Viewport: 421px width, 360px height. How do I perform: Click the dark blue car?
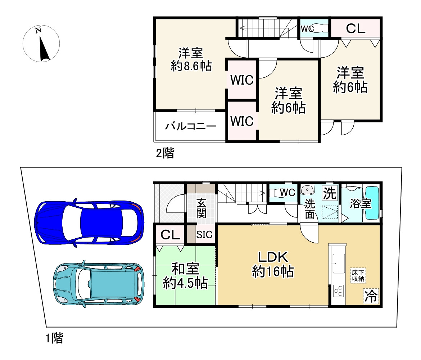tap(89, 223)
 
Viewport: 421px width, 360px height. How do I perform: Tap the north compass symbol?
tap(41, 44)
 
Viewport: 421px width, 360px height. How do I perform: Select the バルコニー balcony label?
tap(191, 126)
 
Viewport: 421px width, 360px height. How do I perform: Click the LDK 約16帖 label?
tap(273, 264)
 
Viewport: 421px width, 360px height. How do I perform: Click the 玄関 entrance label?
tap(202, 208)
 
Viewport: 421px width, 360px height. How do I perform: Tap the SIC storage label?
tap(204, 234)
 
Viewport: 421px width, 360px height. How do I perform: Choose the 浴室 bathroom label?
tap(361, 204)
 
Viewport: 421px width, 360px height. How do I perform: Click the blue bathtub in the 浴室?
tap(372, 203)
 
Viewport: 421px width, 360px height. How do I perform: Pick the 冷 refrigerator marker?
tap(371, 296)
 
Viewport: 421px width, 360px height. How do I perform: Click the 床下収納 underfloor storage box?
tap(358, 275)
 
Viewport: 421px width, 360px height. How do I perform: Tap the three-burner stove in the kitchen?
tap(338, 291)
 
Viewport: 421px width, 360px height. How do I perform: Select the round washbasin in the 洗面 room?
tap(307, 190)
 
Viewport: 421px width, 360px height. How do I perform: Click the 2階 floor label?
tap(165, 153)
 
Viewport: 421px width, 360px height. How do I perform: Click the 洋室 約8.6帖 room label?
tap(191, 59)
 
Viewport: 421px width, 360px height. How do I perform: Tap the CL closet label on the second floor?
tap(356, 28)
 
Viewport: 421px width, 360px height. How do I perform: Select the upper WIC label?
tap(242, 80)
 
